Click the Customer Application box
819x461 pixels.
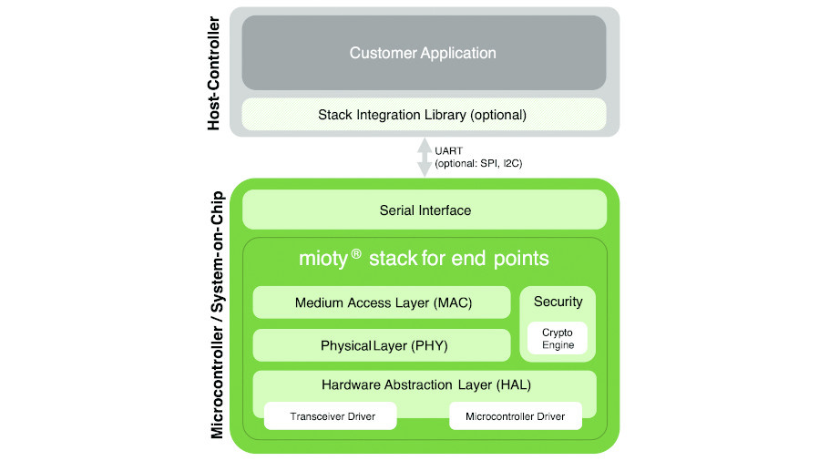(423, 53)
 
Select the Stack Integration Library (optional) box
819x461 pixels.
(423, 115)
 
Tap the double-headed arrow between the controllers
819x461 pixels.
(424, 158)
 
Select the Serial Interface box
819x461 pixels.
(425, 210)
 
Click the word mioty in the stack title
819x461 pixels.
(323, 259)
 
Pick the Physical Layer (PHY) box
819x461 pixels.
(383, 346)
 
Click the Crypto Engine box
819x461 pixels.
(558, 339)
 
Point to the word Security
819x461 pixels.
(558, 302)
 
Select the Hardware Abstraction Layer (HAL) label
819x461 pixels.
(425, 384)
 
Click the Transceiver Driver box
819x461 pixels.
(331, 416)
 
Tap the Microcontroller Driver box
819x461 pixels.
(515, 416)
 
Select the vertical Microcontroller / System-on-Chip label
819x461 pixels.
(217, 314)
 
